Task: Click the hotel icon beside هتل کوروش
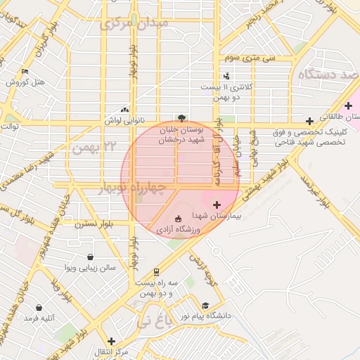click(x=26, y=71)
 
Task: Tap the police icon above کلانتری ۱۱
click(x=226, y=76)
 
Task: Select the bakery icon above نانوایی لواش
click(x=125, y=110)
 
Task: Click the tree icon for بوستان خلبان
click(x=182, y=118)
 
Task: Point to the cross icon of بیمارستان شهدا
click(x=217, y=205)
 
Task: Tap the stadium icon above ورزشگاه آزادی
click(x=177, y=218)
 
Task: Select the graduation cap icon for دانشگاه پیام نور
click(x=205, y=305)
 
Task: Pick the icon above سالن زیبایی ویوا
click(x=89, y=257)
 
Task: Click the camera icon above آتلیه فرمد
click(x=39, y=308)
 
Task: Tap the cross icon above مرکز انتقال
click(x=111, y=341)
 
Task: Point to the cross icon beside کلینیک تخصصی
click(x=309, y=121)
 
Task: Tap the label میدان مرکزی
click(x=134, y=23)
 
